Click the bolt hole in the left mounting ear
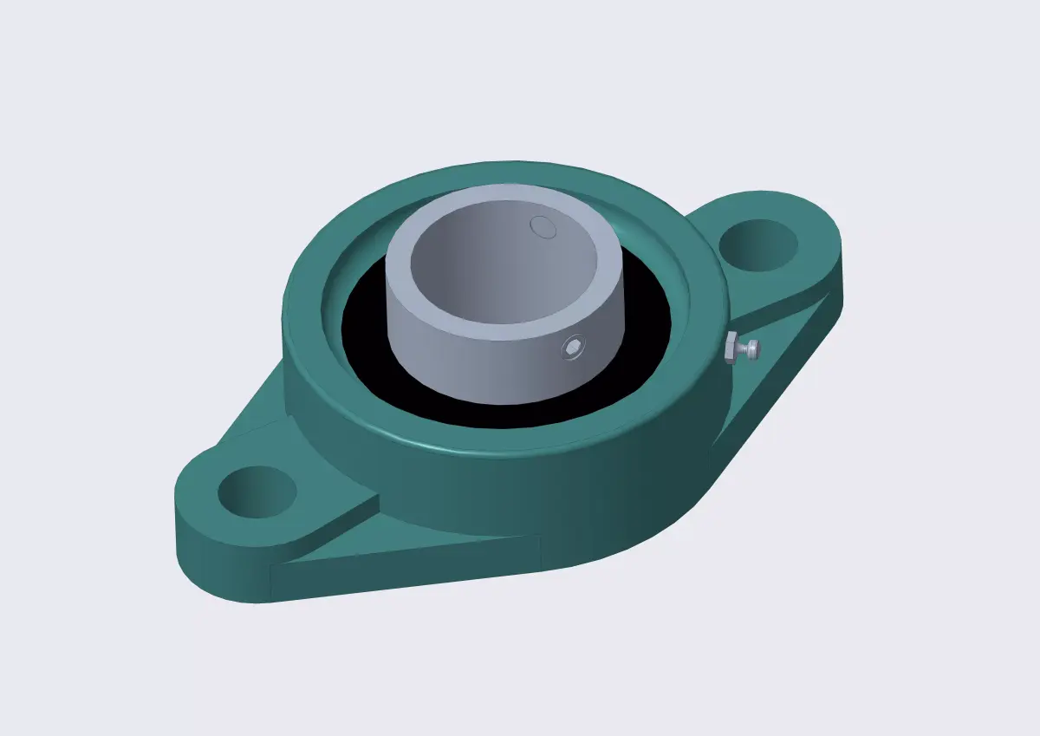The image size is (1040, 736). click(x=257, y=492)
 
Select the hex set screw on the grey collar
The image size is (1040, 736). click(x=572, y=348)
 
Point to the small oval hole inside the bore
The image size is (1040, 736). click(x=543, y=226)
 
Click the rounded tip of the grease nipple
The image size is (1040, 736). click(x=757, y=348)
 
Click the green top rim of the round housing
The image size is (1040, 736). click(x=485, y=178)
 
